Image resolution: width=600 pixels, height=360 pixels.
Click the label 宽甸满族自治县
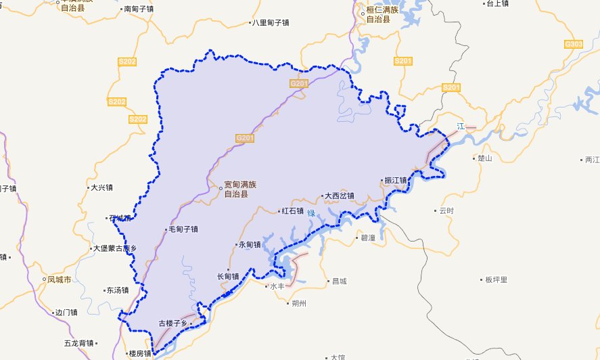tap(241, 189)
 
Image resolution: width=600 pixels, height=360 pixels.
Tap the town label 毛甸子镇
tap(182, 229)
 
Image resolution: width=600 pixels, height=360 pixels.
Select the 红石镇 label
tap(292, 211)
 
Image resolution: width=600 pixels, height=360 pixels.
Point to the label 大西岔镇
tap(339, 196)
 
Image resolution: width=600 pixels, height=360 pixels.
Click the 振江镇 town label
tap(395, 181)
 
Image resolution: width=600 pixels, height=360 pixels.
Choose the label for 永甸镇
tap(248, 245)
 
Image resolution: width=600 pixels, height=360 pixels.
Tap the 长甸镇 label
tap(227, 276)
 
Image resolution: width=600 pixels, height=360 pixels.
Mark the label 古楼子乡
tap(172, 323)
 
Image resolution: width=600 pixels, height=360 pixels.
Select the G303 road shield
tap(573, 45)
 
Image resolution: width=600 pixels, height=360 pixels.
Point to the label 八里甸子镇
tap(270, 23)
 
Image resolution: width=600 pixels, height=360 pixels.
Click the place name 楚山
tap(484, 158)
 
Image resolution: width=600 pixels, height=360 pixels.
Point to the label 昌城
tap(336, 281)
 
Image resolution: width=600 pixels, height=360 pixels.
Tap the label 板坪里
tap(496, 279)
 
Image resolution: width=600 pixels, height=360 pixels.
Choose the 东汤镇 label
tap(116, 290)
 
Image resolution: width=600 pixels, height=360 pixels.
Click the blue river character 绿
tap(311, 213)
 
